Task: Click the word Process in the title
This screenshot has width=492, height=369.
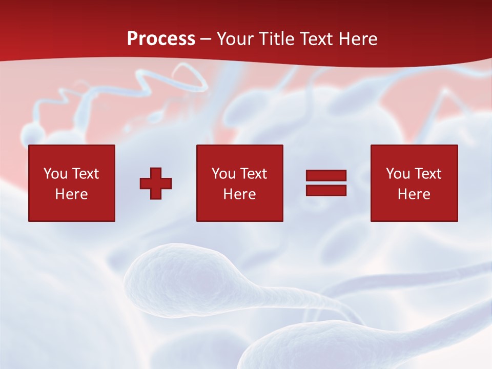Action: (161, 39)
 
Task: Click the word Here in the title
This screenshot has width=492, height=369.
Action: (359, 39)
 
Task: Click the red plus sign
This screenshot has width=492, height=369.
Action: (156, 183)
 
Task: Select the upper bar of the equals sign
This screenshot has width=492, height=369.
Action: (326, 176)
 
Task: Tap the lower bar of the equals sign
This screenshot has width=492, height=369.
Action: (326, 190)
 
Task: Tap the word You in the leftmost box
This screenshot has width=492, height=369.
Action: (55, 174)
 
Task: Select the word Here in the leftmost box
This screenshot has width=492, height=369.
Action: (72, 194)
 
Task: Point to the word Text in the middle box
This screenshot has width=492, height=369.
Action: (253, 174)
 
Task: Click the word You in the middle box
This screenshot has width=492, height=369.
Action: (223, 174)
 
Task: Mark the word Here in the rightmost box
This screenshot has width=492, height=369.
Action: (414, 194)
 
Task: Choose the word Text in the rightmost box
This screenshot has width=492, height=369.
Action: (427, 174)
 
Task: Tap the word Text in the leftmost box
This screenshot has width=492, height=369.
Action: (85, 174)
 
